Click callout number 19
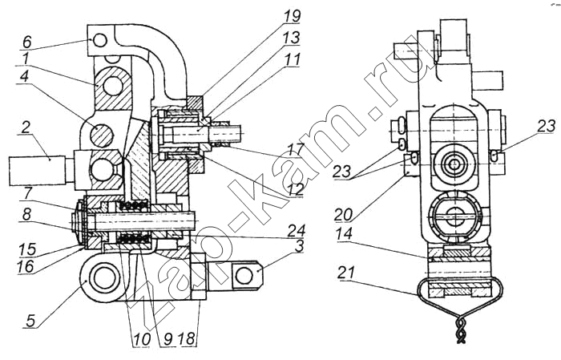(291, 16)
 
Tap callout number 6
(27, 42)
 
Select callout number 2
(25, 127)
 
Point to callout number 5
(31, 320)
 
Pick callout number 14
(344, 235)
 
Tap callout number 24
(295, 229)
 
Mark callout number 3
(299, 246)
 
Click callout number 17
(295, 148)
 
